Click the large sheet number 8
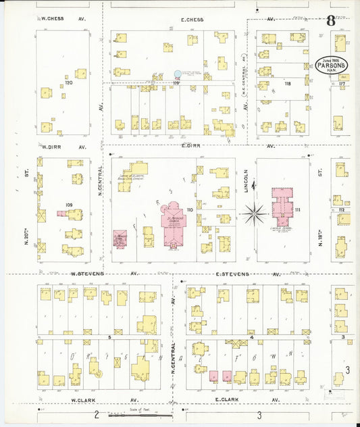tap(330, 20)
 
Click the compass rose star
tap(255, 215)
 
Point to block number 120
tap(68, 82)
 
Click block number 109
tap(68, 204)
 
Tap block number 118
tap(287, 84)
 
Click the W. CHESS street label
tap(52, 19)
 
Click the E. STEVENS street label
tap(233, 274)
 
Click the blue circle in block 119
tap(178, 74)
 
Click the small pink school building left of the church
tap(120, 239)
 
